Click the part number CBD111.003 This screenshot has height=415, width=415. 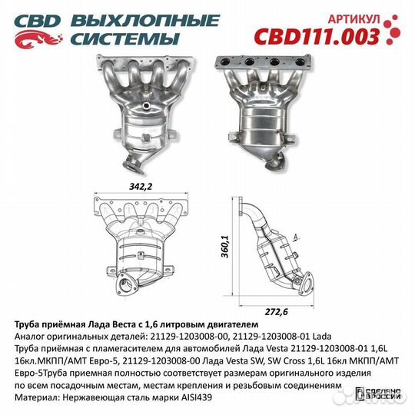click(x=317, y=36)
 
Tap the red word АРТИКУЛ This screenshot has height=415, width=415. click(x=354, y=19)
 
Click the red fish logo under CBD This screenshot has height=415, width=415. click(x=38, y=40)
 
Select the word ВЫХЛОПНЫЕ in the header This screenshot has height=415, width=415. click(x=145, y=21)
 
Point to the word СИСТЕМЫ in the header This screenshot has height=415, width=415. click(x=124, y=38)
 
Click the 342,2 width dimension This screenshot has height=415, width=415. click(x=141, y=187)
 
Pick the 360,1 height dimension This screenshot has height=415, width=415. click(x=226, y=247)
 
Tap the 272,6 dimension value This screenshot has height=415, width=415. click(x=276, y=312)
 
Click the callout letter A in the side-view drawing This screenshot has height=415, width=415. click(x=296, y=237)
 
